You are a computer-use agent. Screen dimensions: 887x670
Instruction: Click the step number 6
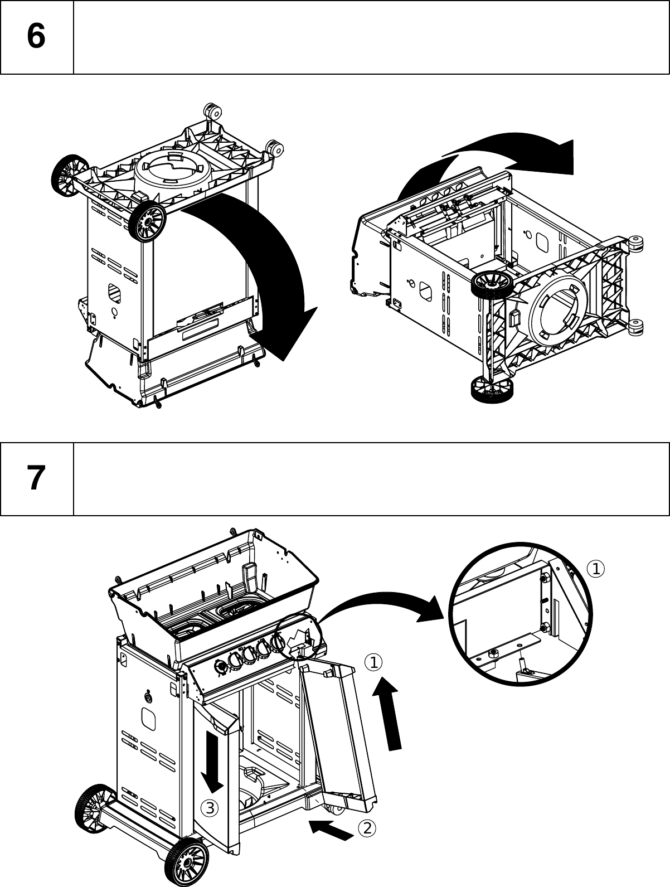coord(36,37)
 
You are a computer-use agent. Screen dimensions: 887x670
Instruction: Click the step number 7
coord(36,478)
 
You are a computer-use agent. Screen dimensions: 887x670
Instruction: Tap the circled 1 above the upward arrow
coord(373,662)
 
